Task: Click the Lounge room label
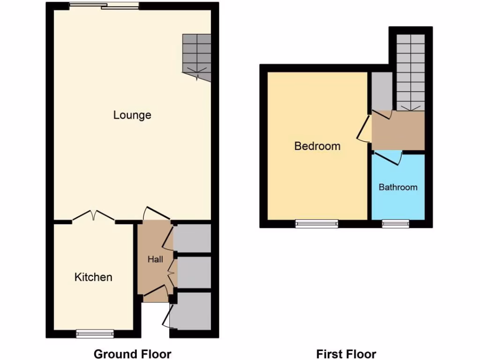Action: pos(132,115)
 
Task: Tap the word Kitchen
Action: pos(93,277)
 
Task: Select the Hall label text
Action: pos(155,259)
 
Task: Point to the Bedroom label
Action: pos(317,146)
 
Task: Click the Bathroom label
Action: pos(398,187)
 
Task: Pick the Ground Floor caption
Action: pos(133,354)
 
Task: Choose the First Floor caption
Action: pos(346,354)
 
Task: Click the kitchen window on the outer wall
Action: pos(95,333)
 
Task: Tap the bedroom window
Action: pos(317,224)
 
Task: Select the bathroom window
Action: pos(396,224)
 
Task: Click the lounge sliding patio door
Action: pos(104,6)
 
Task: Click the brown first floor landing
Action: pos(398,130)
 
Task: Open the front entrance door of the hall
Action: pos(156,294)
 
